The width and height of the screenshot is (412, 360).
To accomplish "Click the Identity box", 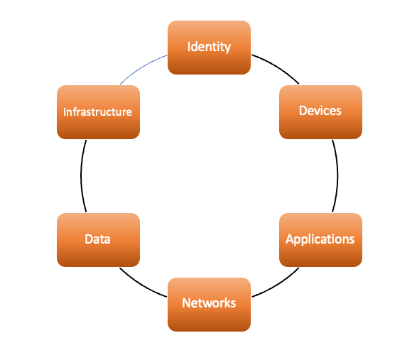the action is [209, 48].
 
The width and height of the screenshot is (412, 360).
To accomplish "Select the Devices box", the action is [320, 112].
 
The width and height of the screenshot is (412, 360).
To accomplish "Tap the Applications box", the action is [320, 240].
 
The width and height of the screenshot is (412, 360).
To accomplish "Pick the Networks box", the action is [209, 305].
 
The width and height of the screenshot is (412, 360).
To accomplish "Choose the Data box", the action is [98, 240].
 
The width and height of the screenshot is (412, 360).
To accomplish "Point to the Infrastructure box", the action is [98, 112].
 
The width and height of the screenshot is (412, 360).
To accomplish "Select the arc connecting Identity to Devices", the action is [277, 67].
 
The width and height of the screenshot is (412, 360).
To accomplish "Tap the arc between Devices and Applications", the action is [337, 176].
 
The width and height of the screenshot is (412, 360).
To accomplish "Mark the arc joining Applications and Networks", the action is [278, 285].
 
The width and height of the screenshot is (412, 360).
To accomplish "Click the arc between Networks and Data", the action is [141, 285].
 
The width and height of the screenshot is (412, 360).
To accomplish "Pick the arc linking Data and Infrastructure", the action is [81, 176].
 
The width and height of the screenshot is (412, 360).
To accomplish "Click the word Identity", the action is [209, 48].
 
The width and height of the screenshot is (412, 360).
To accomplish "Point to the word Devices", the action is [320, 111].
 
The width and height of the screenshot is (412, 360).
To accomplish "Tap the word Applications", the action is [320, 239].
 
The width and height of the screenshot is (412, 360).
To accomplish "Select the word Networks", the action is [209, 303].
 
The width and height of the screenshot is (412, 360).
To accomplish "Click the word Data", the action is [98, 239].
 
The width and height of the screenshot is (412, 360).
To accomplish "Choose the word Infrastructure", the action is [98, 112].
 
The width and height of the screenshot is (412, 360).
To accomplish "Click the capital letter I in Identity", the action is [189, 47].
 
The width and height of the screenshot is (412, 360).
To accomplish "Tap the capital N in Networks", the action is [186, 303].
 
